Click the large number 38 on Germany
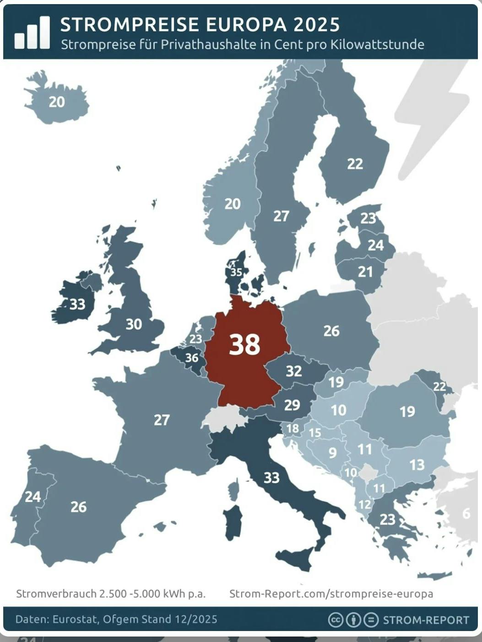(244, 344)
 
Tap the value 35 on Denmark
(236, 273)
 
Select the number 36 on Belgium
(192, 358)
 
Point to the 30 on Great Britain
(134, 324)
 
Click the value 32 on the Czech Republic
(294, 371)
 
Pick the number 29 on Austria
(292, 405)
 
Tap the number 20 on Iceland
(57, 102)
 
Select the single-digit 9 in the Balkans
(333, 453)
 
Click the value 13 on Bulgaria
(417, 465)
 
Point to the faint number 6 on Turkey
(466, 514)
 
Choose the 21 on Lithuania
(365, 272)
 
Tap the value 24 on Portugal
(32, 497)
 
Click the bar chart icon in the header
(32, 32)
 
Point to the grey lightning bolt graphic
(430, 119)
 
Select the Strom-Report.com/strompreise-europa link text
(331, 594)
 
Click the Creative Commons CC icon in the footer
(336, 620)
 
